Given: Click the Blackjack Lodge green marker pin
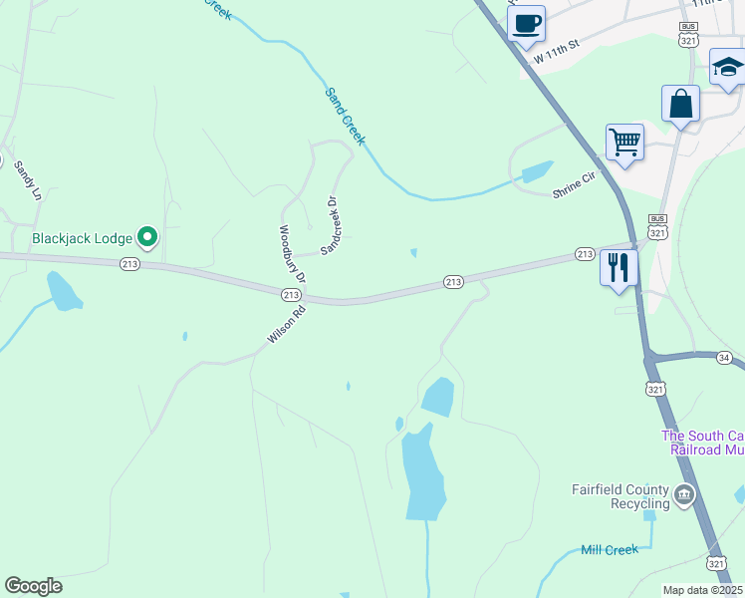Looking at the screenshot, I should tap(147, 237).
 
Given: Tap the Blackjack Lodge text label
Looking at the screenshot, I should tap(83, 238).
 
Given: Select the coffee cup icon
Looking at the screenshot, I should tap(527, 23).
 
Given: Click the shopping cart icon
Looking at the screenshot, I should tap(624, 142).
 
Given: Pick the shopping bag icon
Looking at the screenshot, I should tap(680, 104).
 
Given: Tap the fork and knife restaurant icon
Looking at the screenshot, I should tap(619, 267).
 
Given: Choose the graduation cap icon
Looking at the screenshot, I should tap(728, 68).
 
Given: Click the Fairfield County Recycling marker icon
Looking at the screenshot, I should tap(683, 494).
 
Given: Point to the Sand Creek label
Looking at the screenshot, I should tap(346, 116).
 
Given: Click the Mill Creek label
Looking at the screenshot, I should tap(608, 550).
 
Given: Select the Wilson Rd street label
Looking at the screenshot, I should tap(286, 325).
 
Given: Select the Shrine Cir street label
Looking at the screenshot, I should tap(573, 184).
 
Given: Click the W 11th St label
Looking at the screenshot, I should tap(557, 54).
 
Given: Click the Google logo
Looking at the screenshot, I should tap(33, 586).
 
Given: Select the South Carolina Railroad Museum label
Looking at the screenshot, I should tap(703, 444).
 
